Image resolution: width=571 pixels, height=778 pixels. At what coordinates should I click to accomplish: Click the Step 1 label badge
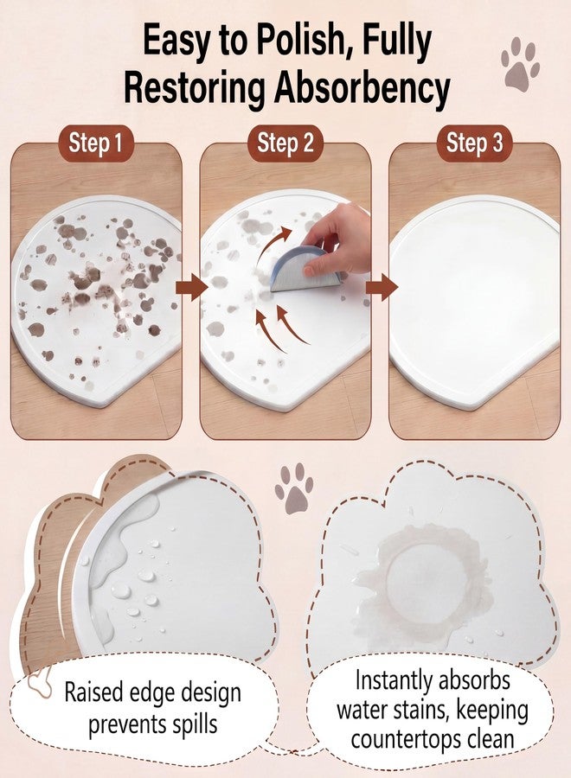coord(95,143)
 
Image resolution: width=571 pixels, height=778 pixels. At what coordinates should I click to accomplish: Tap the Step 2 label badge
coord(285,143)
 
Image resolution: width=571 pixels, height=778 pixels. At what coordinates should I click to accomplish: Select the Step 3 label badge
coord(474,143)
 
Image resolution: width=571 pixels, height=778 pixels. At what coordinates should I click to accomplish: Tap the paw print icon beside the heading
coord(519,63)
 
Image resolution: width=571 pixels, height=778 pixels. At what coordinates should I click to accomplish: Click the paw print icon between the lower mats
coord(294,488)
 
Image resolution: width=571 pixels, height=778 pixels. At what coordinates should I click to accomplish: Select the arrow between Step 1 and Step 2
coord(192,287)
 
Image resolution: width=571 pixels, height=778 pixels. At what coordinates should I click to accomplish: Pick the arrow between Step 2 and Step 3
coord(382,287)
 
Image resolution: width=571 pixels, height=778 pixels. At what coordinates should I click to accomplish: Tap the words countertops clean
coord(433,739)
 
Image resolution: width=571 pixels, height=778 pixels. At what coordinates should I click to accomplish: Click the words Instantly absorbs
coord(433,679)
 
